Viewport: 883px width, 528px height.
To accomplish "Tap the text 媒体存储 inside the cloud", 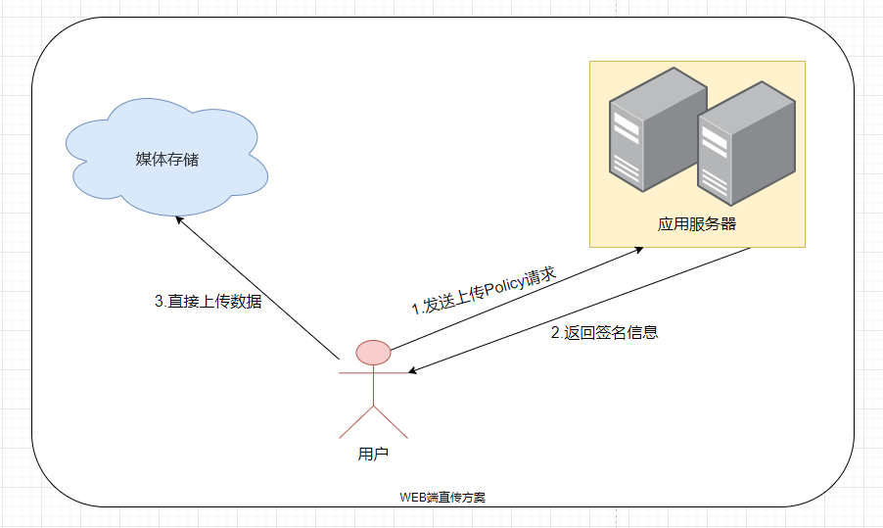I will [x=166, y=159].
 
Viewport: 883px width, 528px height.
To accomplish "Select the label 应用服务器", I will [x=697, y=223].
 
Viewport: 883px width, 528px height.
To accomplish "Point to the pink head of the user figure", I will [x=373, y=352].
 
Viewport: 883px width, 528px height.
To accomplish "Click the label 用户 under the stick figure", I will [x=373, y=455].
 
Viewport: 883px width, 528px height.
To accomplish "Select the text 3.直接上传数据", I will [x=209, y=302].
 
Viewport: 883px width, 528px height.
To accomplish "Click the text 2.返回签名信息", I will [x=604, y=332].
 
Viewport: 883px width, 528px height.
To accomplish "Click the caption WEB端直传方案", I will [x=442, y=497].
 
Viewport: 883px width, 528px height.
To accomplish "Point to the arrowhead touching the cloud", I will [x=179, y=221].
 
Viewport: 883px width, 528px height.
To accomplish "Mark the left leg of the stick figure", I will [x=355, y=421].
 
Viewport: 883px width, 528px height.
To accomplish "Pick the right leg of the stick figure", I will [x=391, y=421].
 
